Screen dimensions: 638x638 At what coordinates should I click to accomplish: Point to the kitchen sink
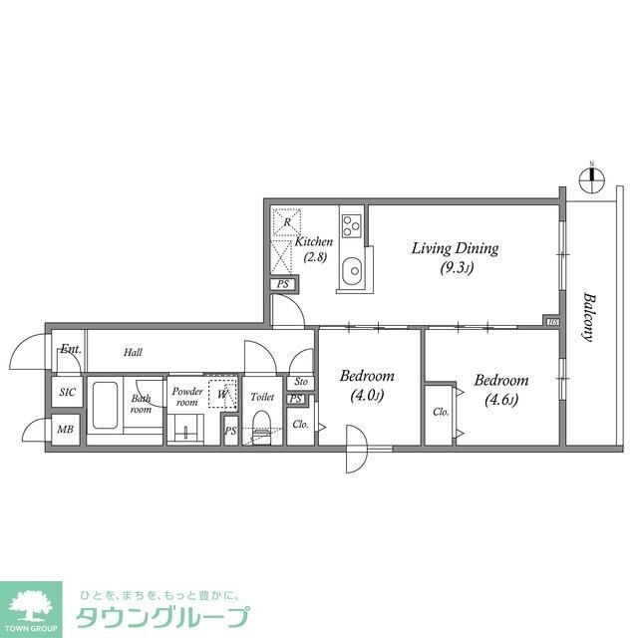tap(352, 272)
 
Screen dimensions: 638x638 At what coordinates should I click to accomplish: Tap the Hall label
tap(134, 352)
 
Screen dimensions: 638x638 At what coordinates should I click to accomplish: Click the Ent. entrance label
tap(71, 349)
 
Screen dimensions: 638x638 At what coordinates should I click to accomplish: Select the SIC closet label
tap(68, 392)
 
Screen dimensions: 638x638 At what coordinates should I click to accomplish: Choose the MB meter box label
tap(65, 430)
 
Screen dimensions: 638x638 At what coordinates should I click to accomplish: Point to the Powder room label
tap(186, 396)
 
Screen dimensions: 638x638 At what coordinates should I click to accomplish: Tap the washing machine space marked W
tap(223, 393)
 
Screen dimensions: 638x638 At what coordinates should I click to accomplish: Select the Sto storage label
tap(301, 382)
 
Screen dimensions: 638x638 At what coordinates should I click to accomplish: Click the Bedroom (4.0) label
tap(366, 386)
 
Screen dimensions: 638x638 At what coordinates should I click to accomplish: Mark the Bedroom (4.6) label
tap(500, 390)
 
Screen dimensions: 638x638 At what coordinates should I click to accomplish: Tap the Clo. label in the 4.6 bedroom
tap(440, 412)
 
